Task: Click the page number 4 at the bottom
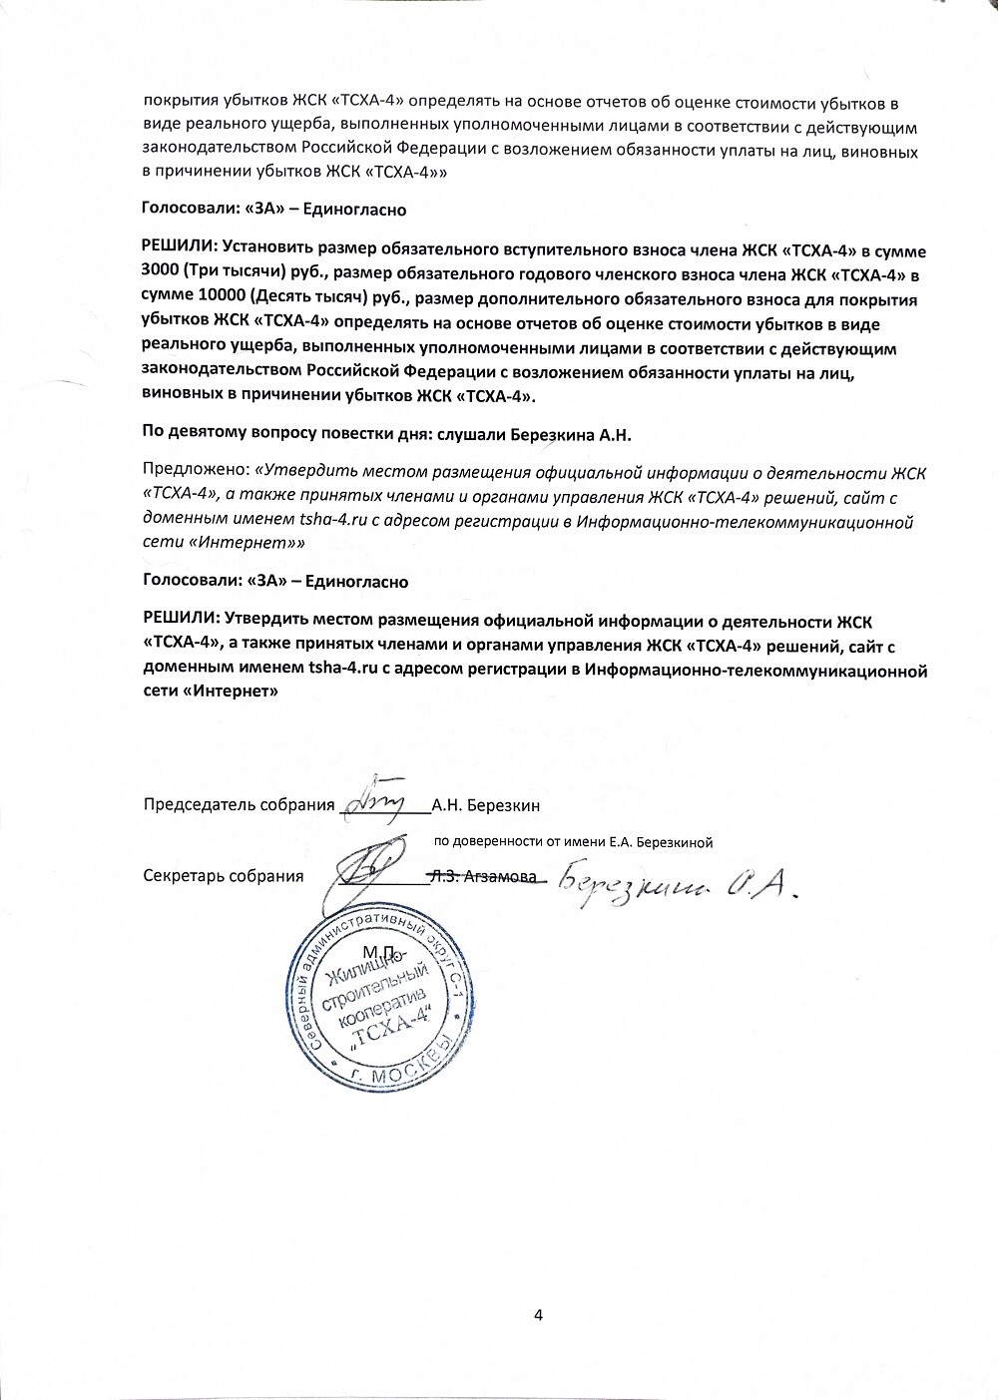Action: pyautogui.click(x=538, y=1314)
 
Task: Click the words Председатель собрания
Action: pyautogui.click(x=239, y=805)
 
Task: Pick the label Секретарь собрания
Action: pyautogui.click(x=224, y=876)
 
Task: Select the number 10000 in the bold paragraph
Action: pyautogui.click(x=219, y=297)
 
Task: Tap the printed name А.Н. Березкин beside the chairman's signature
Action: pyautogui.click(x=485, y=805)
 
